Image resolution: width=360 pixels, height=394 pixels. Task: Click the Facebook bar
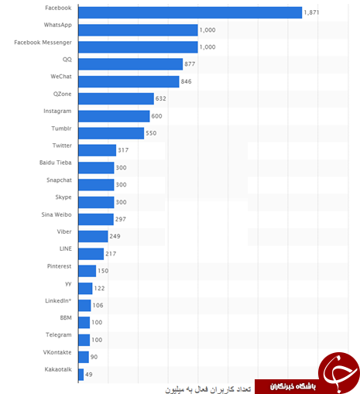pyautogui.click(x=190, y=12)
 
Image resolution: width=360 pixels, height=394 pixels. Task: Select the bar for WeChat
pyautogui.click(x=129, y=81)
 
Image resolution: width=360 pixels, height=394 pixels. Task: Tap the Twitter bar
pyautogui.click(x=98, y=150)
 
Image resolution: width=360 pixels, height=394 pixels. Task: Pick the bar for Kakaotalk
pyautogui.click(x=81, y=375)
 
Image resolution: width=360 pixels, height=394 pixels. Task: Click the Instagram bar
pyautogui.click(x=114, y=116)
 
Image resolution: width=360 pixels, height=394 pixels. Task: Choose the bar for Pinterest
pyautogui.click(x=87, y=271)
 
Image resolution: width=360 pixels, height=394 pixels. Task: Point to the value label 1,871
pyautogui.click(x=311, y=12)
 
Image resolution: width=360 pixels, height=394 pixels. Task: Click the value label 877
pyautogui.click(x=190, y=64)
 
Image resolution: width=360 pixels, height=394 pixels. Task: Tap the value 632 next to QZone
pyautogui.click(x=160, y=98)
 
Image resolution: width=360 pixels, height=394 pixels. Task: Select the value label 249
pyautogui.click(x=115, y=236)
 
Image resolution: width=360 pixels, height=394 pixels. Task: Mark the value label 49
pyautogui.click(x=89, y=375)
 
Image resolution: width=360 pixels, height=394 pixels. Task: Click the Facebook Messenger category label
pyautogui.click(x=43, y=43)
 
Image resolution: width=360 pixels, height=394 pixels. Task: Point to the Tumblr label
pyautogui.click(x=61, y=128)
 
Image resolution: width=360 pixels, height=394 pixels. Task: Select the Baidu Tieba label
pyautogui.click(x=56, y=163)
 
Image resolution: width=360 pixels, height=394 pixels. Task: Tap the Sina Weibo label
pyautogui.click(x=57, y=214)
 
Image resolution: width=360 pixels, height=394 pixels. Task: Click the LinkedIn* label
pyautogui.click(x=58, y=301)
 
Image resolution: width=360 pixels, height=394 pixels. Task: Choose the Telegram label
pyautogui.click(x=59, y=335)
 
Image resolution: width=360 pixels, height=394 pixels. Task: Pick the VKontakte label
pyautogui.click(x=57, y=352)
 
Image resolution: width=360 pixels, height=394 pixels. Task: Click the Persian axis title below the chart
pyautogui.click(x=208, y=389)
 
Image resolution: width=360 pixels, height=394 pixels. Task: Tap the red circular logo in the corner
pyautogui.click(x=339, y=372)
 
